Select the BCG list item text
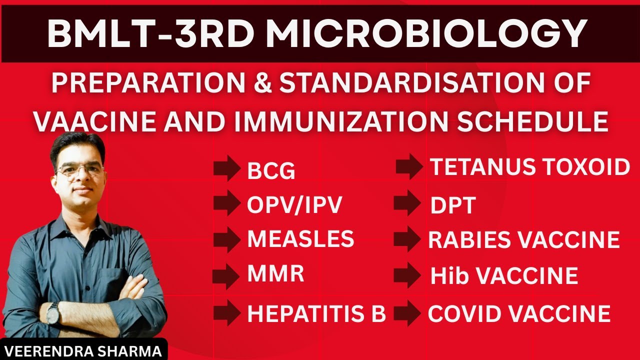pyautogui.click(x=271, y=172)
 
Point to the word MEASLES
pyautogui.click(x=300, y=239)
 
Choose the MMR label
pyautogui.click(x=275, y=274)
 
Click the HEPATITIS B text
pyautogui.click(x=316, y=313)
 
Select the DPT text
pyautogui.click(x=452, y=205)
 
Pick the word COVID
pyautogui.click(x=466, y=313)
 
